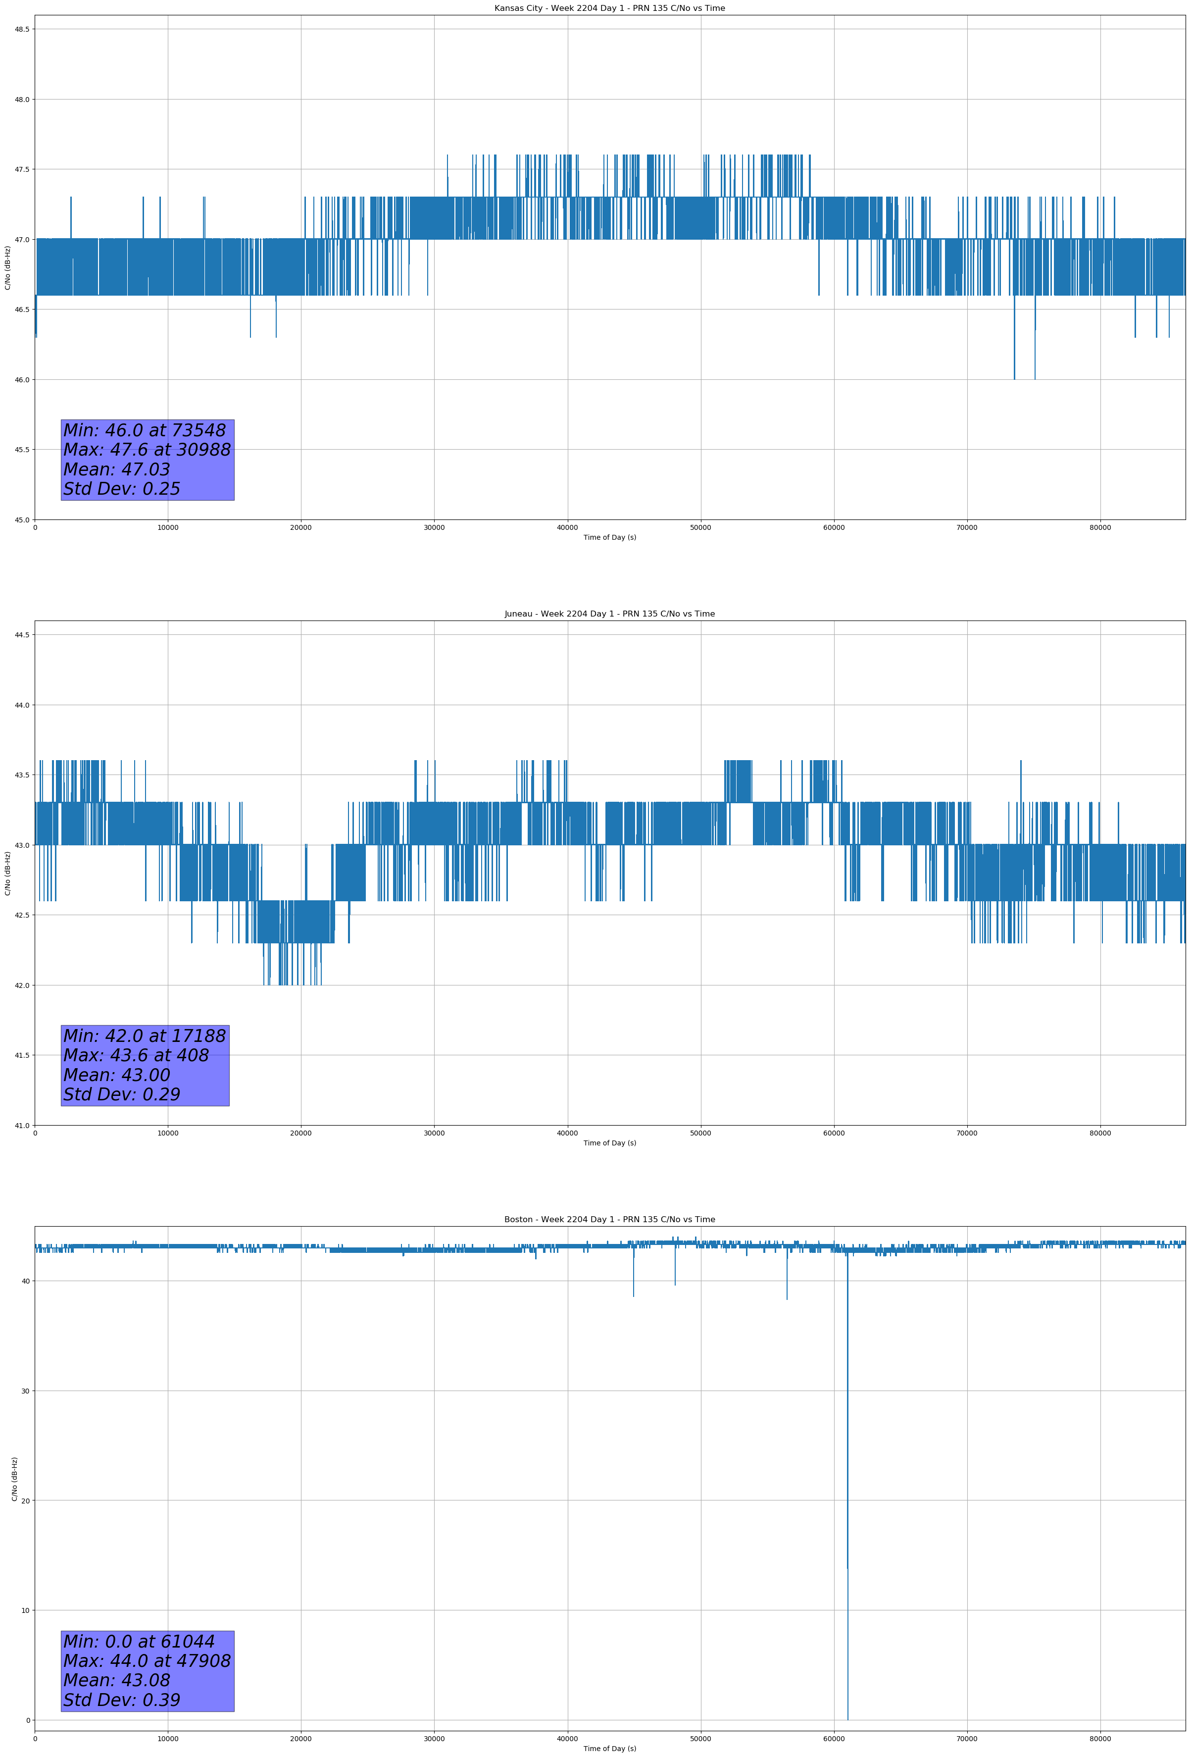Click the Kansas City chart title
609,8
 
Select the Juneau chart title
609,614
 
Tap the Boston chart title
609,1220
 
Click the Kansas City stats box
148,460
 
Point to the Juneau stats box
145,1065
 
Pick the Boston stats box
148,1671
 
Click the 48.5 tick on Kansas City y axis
22,30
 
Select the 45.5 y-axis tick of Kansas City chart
22,450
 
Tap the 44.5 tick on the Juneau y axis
22,635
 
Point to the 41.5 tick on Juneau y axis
22,1055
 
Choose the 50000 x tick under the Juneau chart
700,1133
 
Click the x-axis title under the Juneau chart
609,1143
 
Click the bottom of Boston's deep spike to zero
848,1720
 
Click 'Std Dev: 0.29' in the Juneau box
122,1095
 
